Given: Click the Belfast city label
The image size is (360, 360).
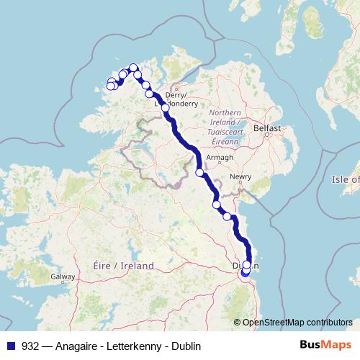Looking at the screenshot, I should coord(266,127).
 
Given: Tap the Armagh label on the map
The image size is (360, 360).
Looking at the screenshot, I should coord(220,158).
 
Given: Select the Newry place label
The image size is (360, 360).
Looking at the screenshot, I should coord(241,176).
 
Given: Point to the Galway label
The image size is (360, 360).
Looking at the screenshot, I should coord(63,276).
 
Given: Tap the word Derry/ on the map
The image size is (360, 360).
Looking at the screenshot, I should coord(176,94).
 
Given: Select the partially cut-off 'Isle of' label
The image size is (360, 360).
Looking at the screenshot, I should coord(346,179).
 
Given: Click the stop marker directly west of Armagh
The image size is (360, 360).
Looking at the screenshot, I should coord(199,172).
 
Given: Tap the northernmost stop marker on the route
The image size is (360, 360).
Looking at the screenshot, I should coord(133,68).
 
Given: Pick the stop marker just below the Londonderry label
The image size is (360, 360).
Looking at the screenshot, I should coord(166,108).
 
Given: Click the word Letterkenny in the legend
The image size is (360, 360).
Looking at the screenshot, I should coord(138,344).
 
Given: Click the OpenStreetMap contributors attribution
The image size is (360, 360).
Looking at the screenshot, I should coord(297,323).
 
